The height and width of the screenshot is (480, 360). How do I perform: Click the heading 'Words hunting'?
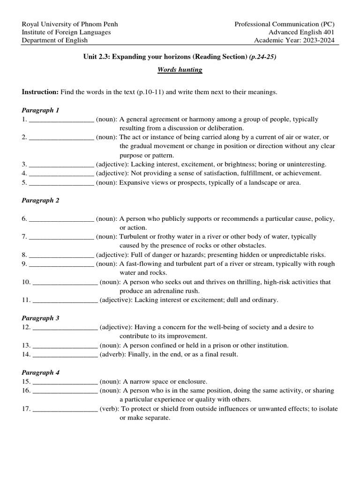coord(180,70)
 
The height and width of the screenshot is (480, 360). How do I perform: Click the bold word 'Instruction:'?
coord(40,92)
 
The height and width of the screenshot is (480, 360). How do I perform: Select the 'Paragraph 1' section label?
coord(41,110)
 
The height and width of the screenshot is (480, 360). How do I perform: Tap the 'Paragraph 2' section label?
coord(41,200)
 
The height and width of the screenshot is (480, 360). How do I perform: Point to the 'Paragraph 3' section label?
coord(41,318)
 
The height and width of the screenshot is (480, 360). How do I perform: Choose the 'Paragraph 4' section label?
coord(41,373)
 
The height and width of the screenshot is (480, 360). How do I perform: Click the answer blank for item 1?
coord(61,120)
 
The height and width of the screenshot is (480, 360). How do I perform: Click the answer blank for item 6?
coord(61,219)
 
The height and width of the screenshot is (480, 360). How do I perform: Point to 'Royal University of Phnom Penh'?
coord(70,24)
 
